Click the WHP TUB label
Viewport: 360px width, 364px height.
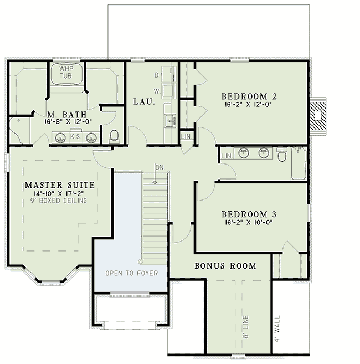pos(67,73)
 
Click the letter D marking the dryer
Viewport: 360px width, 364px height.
pos(157,74)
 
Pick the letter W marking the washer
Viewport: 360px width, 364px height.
pos(157,89)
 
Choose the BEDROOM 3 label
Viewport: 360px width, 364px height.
pos(249,214)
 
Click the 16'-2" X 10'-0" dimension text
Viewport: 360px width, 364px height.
pos(249,223)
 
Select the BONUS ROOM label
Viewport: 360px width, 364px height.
pos(225,266)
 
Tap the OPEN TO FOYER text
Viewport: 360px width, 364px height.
pos(132,274)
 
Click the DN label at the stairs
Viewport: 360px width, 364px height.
pos(159,167)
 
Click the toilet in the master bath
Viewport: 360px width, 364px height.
pos(115,136)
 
